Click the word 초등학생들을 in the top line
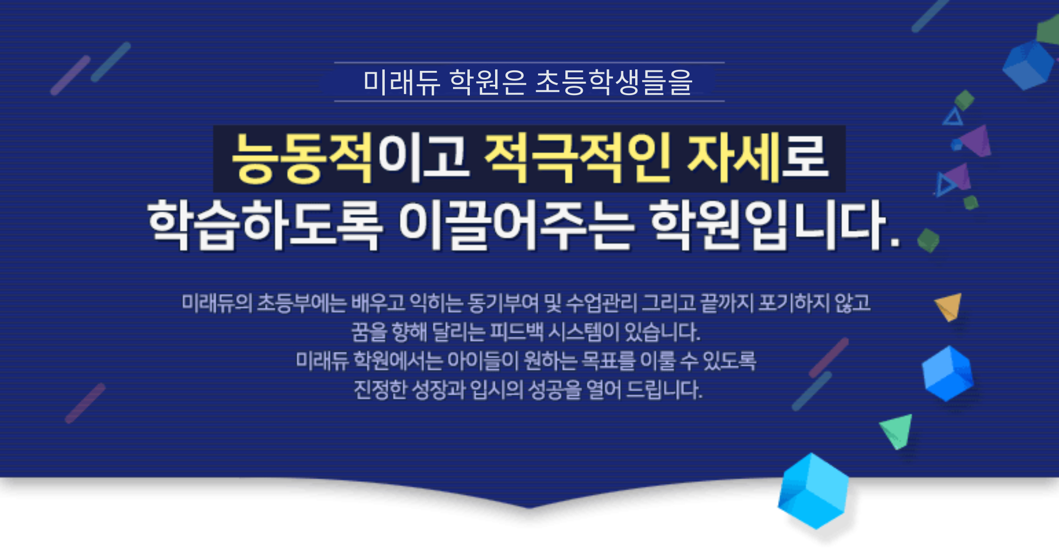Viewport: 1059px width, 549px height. pos(614,82)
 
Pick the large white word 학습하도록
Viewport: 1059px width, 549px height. pos(265,225)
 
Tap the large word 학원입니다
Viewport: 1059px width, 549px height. pos(775,225)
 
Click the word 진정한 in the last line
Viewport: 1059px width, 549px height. pos(380,389)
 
